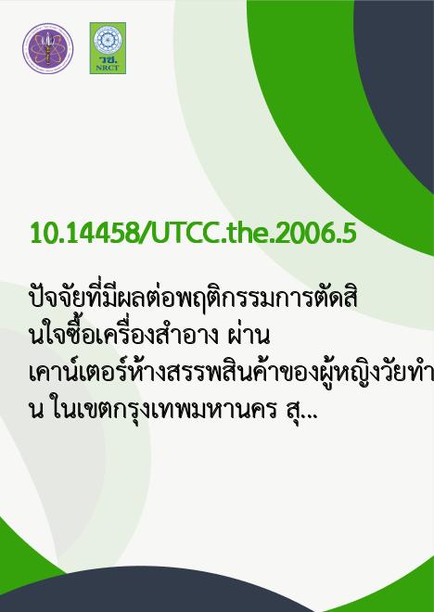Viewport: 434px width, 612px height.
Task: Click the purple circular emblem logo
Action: [x=47, y=48]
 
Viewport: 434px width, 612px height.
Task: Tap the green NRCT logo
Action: [x=108, y=48]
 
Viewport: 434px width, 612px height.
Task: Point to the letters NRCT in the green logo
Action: [x=108, y=68]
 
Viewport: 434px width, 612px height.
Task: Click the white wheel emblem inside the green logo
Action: [x=108, y=40]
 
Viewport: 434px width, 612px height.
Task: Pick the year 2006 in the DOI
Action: [x=304, y=234]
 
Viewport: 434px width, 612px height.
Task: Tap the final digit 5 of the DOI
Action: [x=349, y=234]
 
